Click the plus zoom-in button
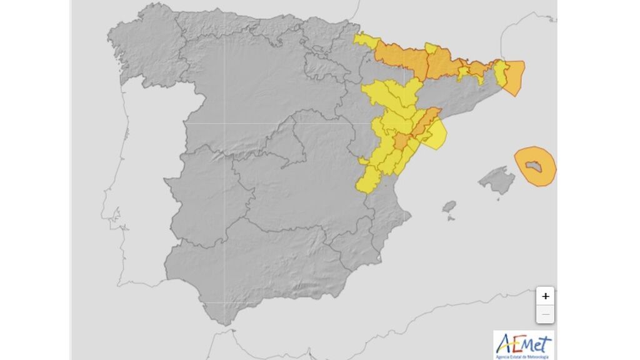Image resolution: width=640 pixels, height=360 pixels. tap(546, 296)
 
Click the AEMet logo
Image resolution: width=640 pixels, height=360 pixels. tap(523, 343)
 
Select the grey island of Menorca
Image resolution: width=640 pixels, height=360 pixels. tap(535, 166)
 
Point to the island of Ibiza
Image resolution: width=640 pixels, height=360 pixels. tap(449, 207)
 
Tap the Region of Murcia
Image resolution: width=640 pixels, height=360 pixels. tap(356, 244)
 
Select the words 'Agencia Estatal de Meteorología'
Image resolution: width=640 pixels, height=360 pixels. tap(523, 356)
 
